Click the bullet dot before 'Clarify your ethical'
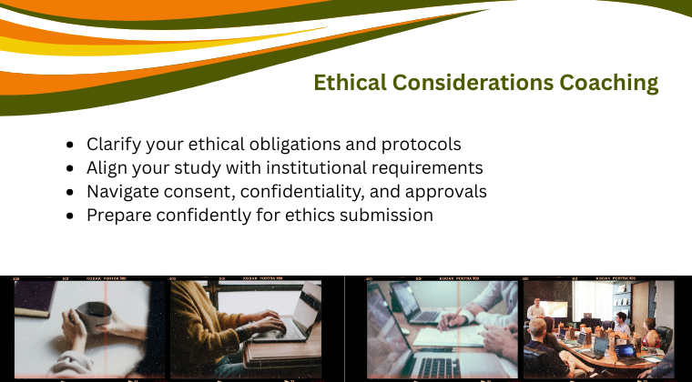tap(71, 145)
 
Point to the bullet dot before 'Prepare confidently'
tap(71, 216)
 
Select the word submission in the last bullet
tap(391, 215)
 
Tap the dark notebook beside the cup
tap(35, 297)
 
